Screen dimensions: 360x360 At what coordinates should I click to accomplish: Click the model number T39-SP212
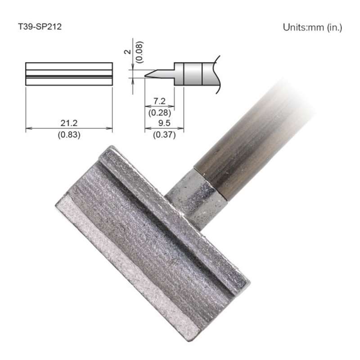tap(39, 27)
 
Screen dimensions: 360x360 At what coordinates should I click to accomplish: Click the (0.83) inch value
tap(69, 135)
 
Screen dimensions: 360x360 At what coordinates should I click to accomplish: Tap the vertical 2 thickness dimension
tap(129, 52)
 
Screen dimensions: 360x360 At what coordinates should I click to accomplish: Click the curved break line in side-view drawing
tap(218, 75)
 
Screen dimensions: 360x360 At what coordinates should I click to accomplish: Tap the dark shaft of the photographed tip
tap(252, 144)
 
